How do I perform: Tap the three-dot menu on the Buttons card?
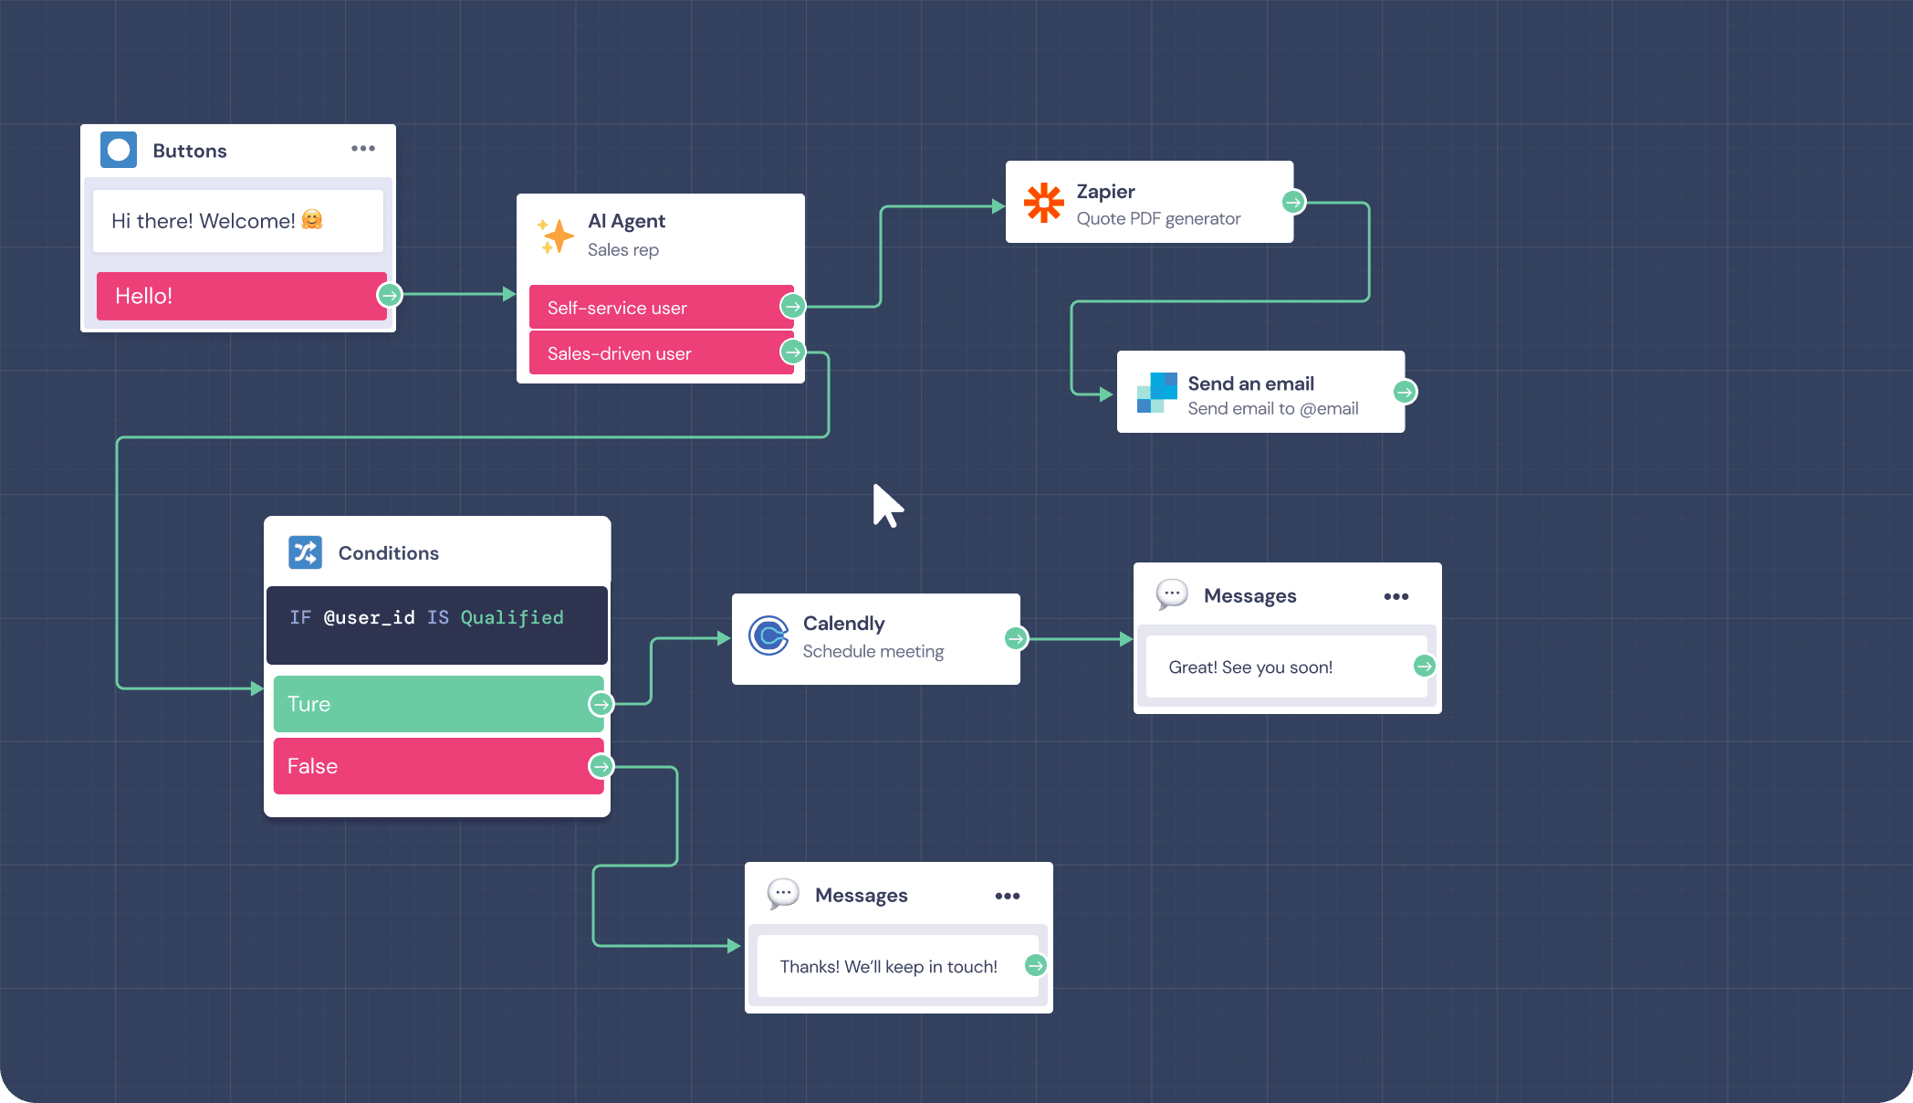(x=363, y=149)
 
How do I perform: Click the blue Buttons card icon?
(x=119, y=150)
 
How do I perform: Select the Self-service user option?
(x=653, y=308)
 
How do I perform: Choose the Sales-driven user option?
(x=653, y=353)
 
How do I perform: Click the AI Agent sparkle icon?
(x=556, y=236)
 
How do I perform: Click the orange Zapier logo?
(x=1043, y=202)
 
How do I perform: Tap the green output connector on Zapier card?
(x=1292, y=202)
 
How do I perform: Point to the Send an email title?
(x=1250, y=383)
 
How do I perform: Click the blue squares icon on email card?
(x=1156, y=393)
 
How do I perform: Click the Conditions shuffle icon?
(x=305, y=552)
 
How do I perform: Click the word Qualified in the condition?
(x=511, y=617)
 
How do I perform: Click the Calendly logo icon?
(x=768, y=636)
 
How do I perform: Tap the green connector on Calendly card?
(x=1015, y=638)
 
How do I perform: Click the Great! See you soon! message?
(x=1249, y=667)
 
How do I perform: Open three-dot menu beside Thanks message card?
(x=1008, y=896)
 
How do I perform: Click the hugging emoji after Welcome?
(x=312, y=220)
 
